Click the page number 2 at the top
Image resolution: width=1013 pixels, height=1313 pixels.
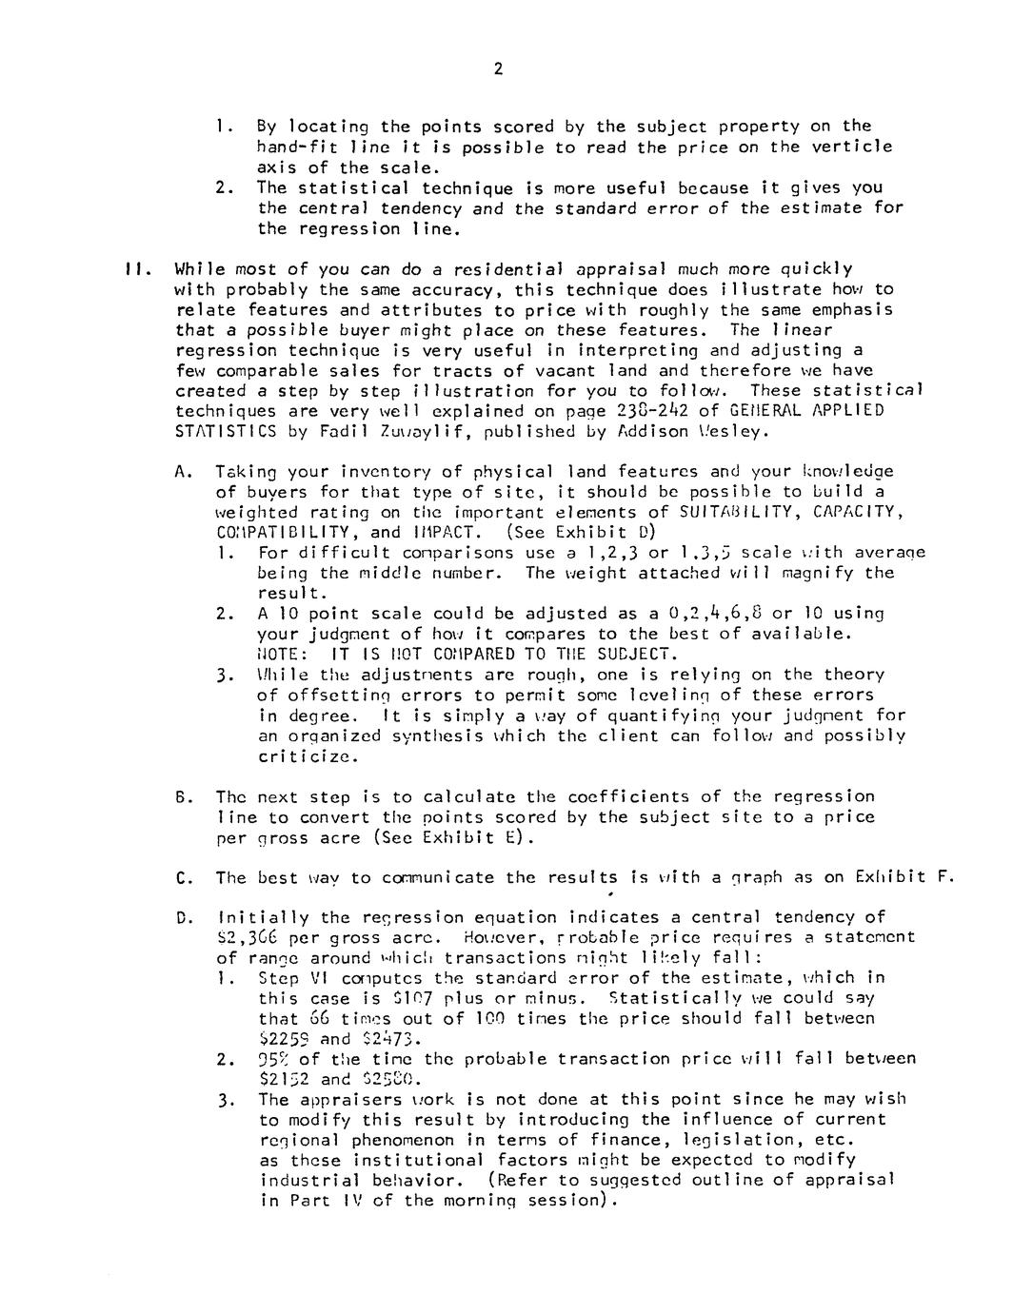point(498,69)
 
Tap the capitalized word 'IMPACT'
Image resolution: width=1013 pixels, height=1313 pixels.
point(442,533)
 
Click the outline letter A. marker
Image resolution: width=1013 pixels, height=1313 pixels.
point(184,471)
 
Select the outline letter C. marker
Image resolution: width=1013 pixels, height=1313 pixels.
point(184,878)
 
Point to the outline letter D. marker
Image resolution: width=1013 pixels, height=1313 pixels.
point(184,918)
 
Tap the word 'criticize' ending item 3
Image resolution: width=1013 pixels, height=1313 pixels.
point(295,756)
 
